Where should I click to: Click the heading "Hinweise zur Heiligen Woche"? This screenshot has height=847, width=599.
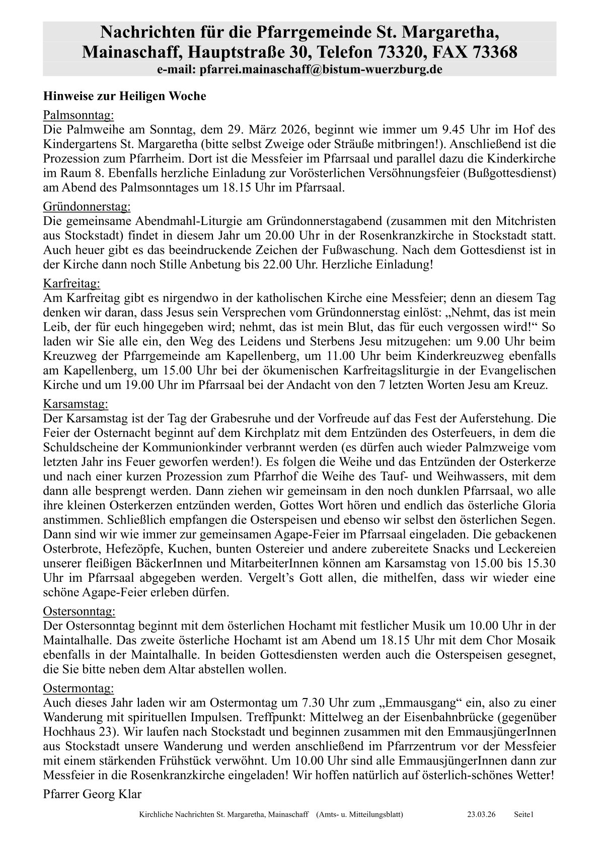point(124,96)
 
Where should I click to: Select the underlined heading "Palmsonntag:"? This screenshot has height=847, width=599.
point(79,114)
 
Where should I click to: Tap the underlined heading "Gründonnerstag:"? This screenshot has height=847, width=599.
point(87,206)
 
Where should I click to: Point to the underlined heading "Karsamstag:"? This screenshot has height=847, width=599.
point(76,404)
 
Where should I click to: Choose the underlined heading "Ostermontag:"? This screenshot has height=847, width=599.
point(79,688)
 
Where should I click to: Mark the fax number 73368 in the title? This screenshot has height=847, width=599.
point(494,52)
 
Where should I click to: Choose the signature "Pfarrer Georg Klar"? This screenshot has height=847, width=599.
point(92,794)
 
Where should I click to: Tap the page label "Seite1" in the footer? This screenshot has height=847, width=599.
point(523,814)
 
